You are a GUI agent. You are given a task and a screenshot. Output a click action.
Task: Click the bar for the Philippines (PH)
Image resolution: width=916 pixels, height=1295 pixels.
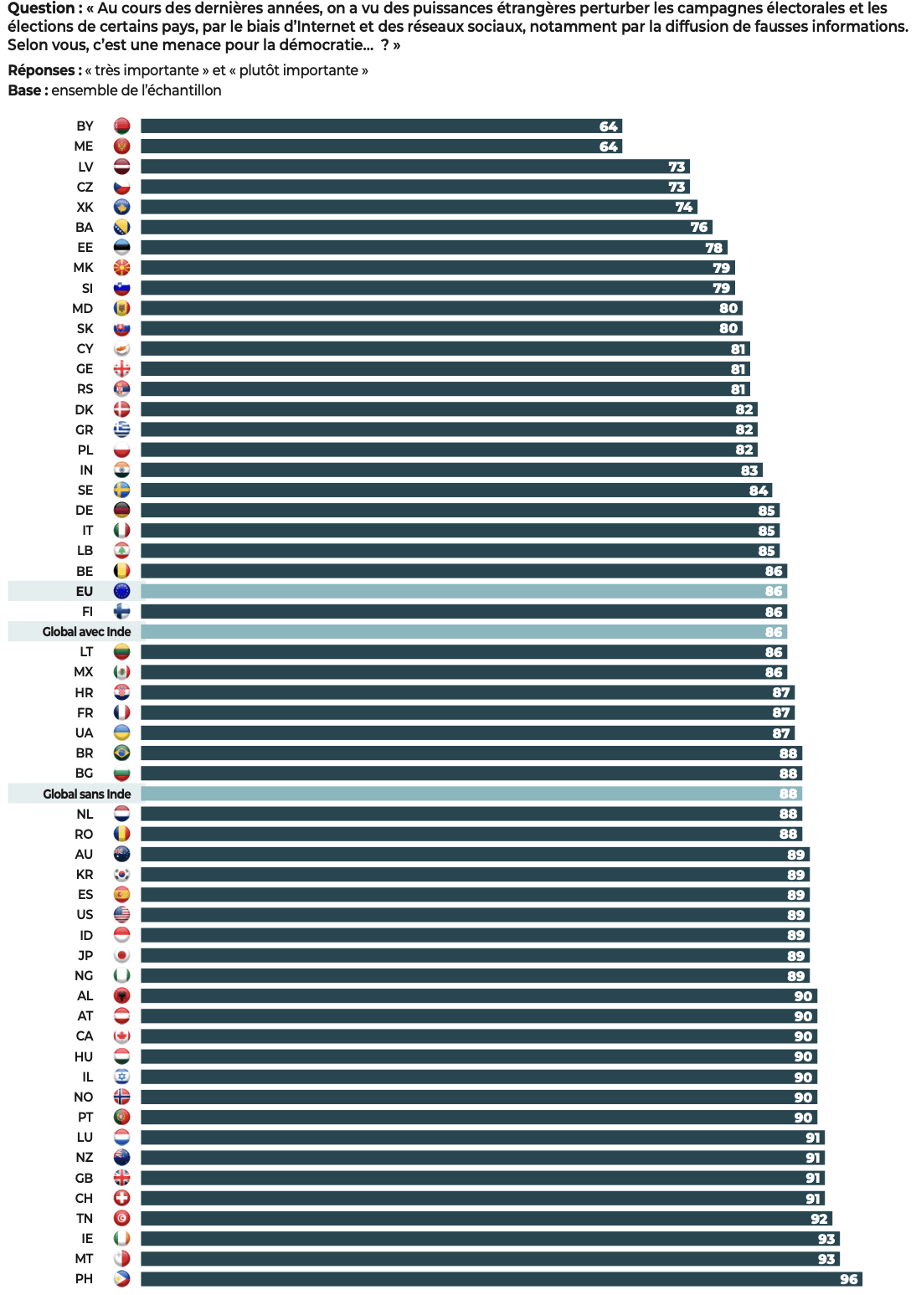[501, 1279]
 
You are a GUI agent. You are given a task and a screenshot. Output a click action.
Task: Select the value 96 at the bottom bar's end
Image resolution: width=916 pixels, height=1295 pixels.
[849, 1279]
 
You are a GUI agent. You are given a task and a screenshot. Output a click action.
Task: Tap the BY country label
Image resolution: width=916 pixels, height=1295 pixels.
[85, 126]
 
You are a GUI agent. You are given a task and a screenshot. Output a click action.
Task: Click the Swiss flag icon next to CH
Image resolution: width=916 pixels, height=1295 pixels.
[122, 1198]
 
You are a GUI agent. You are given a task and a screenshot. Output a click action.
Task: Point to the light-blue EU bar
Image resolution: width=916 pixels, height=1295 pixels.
[463, 591]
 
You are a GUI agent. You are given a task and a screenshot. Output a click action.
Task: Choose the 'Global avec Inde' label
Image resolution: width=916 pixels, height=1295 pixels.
[86, 632]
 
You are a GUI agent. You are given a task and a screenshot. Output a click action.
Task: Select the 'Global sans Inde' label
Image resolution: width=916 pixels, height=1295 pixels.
[86, 794]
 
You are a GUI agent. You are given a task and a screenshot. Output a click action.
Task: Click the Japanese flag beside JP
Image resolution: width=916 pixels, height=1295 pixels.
[122, 955]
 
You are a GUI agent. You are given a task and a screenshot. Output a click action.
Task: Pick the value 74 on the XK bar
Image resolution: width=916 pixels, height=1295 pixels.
[684, 207]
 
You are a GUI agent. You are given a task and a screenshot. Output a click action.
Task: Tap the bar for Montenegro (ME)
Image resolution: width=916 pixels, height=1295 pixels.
[381, 146]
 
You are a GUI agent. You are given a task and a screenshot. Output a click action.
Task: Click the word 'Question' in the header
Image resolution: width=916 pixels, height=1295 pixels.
[41, 8]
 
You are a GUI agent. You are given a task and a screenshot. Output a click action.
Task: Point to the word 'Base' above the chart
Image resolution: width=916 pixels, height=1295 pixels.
[24, 90]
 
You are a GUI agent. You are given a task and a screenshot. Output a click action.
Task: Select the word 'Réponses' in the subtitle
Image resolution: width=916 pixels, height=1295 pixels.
[43, 70]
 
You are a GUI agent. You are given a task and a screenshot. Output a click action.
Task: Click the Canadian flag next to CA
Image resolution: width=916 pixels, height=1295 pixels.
[122, 1036]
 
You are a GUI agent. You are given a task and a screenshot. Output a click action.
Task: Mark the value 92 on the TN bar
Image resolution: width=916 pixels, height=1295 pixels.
[819, 1219]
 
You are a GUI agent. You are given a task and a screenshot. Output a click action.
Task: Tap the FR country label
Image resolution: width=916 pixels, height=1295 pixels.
[85, 712]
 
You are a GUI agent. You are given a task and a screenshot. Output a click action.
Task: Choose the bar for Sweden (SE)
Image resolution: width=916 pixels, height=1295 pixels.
[456, 491]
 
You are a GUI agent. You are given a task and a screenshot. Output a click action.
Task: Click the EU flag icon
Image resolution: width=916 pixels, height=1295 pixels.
[122, 591]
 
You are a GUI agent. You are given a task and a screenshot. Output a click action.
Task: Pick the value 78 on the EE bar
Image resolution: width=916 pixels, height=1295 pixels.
[713, 248]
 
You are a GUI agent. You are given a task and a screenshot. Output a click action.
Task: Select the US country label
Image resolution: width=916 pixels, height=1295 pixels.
[85, 915]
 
